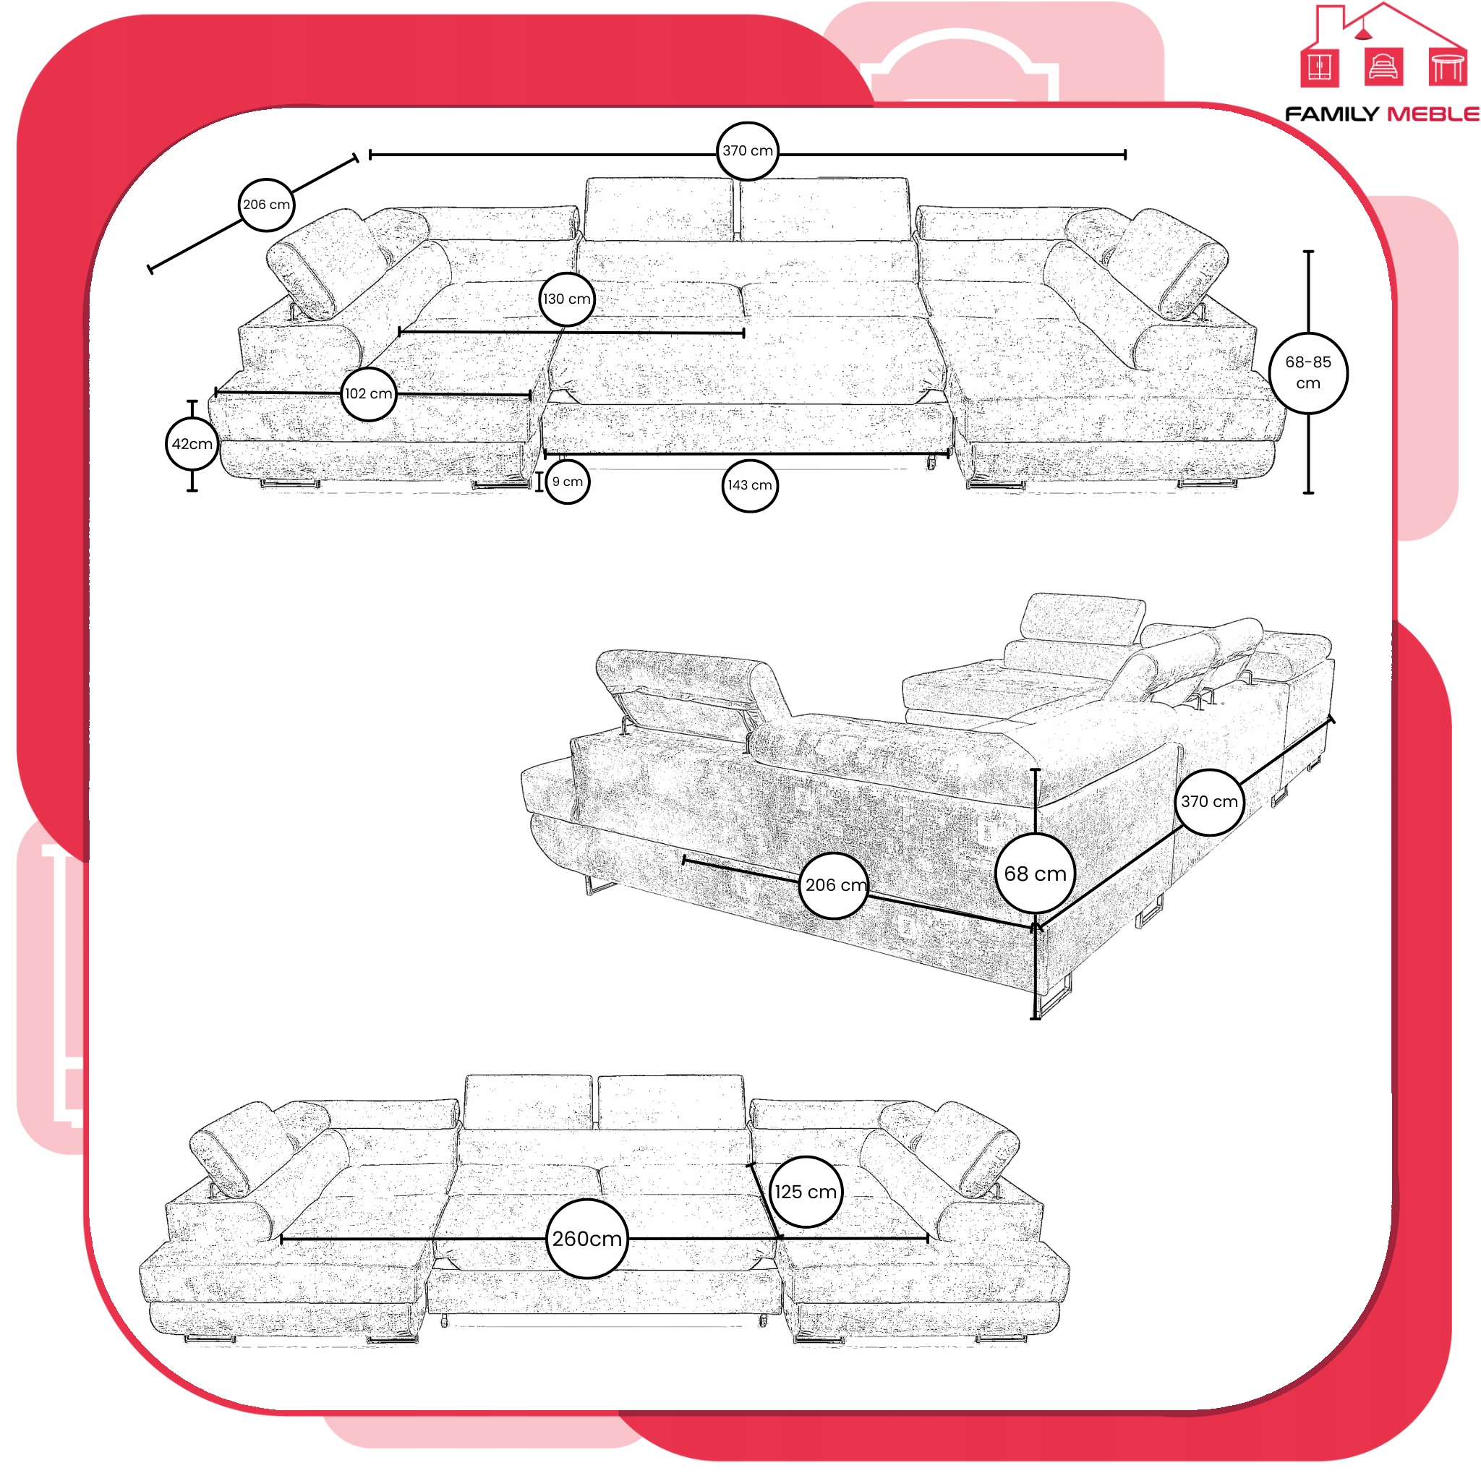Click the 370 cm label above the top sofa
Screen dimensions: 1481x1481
pyautogui.click(x=748, y=151)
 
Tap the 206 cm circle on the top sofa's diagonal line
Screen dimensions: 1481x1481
pyautogui.click(x=266, y=205)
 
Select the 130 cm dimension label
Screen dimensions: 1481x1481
pyautogui.click(x=567, y=299)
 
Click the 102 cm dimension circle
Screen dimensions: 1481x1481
pyautogui.click(x=369, y=394)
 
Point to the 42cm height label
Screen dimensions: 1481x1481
pyautogui.click(x=192, y=444)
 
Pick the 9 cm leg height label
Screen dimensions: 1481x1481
pyautogui.click(x=568, y=482)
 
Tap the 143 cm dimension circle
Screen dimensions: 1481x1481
pyautogui.click(x=750, y=485)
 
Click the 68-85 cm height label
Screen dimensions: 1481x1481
pyautogui.click(x=1308, y=372)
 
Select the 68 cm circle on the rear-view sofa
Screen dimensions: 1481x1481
pyautogui.click(x=1035, y=874)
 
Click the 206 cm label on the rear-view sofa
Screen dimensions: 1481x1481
pyautogui.click(x=835, y=885)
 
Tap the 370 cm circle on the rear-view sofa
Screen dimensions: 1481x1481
pyautogui.click(x=1209, y=802)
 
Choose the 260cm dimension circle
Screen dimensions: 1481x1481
pyautogui.click(x=587, y=1239)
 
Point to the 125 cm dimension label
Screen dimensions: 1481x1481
pyautogui.click(x=806, y=1192)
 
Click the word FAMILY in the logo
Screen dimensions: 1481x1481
pyautogui.click(x=1331, y=114)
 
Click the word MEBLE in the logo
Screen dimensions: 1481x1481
pyautogui.click(x=1433, y=114)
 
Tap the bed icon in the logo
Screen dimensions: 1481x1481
pyautogui.click(x=1383, y=67)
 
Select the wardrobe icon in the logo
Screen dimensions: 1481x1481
pyautogui.click(x=1319, y=67)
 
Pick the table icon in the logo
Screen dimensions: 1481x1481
pyautogui.click(x=1447, y=67)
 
